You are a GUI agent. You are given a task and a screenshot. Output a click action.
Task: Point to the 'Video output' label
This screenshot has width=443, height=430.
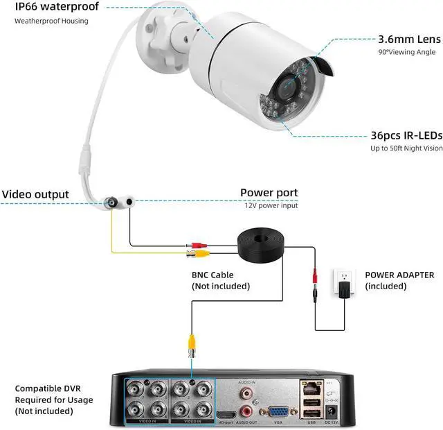click(35, 194)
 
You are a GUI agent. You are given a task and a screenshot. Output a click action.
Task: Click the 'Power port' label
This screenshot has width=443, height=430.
click(269, 193)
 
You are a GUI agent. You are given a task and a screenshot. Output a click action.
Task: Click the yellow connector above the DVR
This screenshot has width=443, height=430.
click(190, 343)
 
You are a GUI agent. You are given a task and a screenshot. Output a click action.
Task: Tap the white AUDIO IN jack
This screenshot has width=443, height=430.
click(246, 393)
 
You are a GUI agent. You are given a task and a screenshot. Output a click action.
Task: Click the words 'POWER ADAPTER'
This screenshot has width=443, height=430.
click(399, 275)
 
